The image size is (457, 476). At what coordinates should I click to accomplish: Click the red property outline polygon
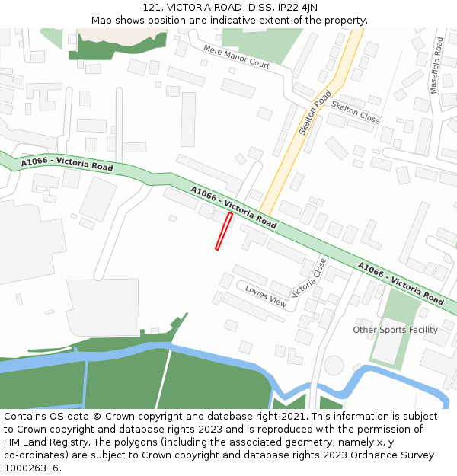point(224,231)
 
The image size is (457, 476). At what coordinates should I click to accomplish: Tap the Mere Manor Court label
point(236,56)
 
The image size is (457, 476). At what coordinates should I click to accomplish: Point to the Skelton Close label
point(356,113)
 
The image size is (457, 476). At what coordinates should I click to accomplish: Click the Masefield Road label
point(436,65)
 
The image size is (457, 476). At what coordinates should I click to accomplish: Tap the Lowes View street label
point(266,297)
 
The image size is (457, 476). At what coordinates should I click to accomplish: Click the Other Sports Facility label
point(395,330)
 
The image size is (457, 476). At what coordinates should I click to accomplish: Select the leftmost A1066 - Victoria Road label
point(67,164)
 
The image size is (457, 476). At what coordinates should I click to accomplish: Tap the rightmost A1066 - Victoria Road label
point(401,283)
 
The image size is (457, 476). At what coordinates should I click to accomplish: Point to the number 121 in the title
point(152,8)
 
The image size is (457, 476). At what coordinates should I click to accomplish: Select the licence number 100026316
point(33,468)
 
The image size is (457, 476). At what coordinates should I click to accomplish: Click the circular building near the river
point(334,366)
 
